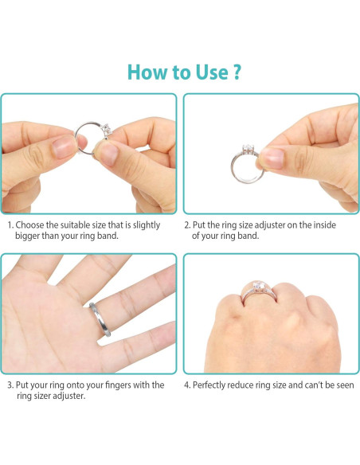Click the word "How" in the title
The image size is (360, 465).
pyautogui.click(x=148, y=72)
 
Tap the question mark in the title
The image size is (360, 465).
pyautogui.click(x=236, y=72)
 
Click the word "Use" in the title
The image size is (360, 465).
pyautogui.click(x=210, y=72)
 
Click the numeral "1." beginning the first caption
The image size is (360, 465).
pyautogui.click(x=10, y=225)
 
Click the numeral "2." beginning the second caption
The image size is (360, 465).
pyautogui.click(x=187, y=225)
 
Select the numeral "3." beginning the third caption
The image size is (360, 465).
pyautogui.click(x=10, y=385)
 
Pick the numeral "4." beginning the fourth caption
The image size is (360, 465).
pyautogui.click(x=187, y=385)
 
